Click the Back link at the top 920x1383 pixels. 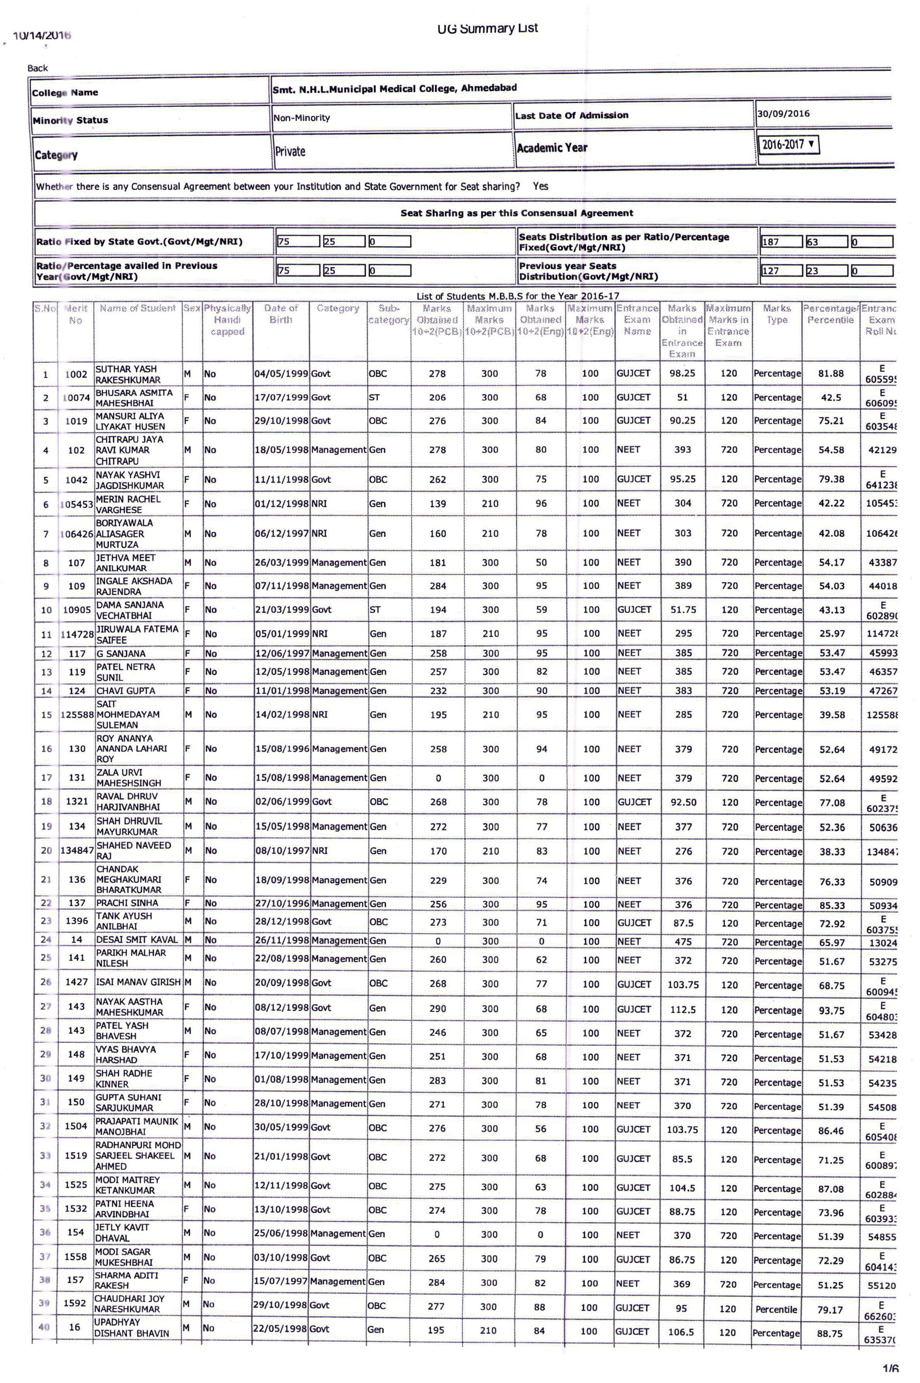point(38,68)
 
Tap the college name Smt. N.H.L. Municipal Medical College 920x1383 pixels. point(394,88)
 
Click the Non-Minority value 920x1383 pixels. point(302,118)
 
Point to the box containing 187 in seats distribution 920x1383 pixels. point(781,242)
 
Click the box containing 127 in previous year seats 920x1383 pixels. point(781,270)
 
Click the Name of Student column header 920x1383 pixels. point(138,308)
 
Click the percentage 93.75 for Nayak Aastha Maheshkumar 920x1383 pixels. point(831,1010)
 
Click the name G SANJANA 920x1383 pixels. point(121,653)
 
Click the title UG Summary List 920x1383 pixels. point(488,28)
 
